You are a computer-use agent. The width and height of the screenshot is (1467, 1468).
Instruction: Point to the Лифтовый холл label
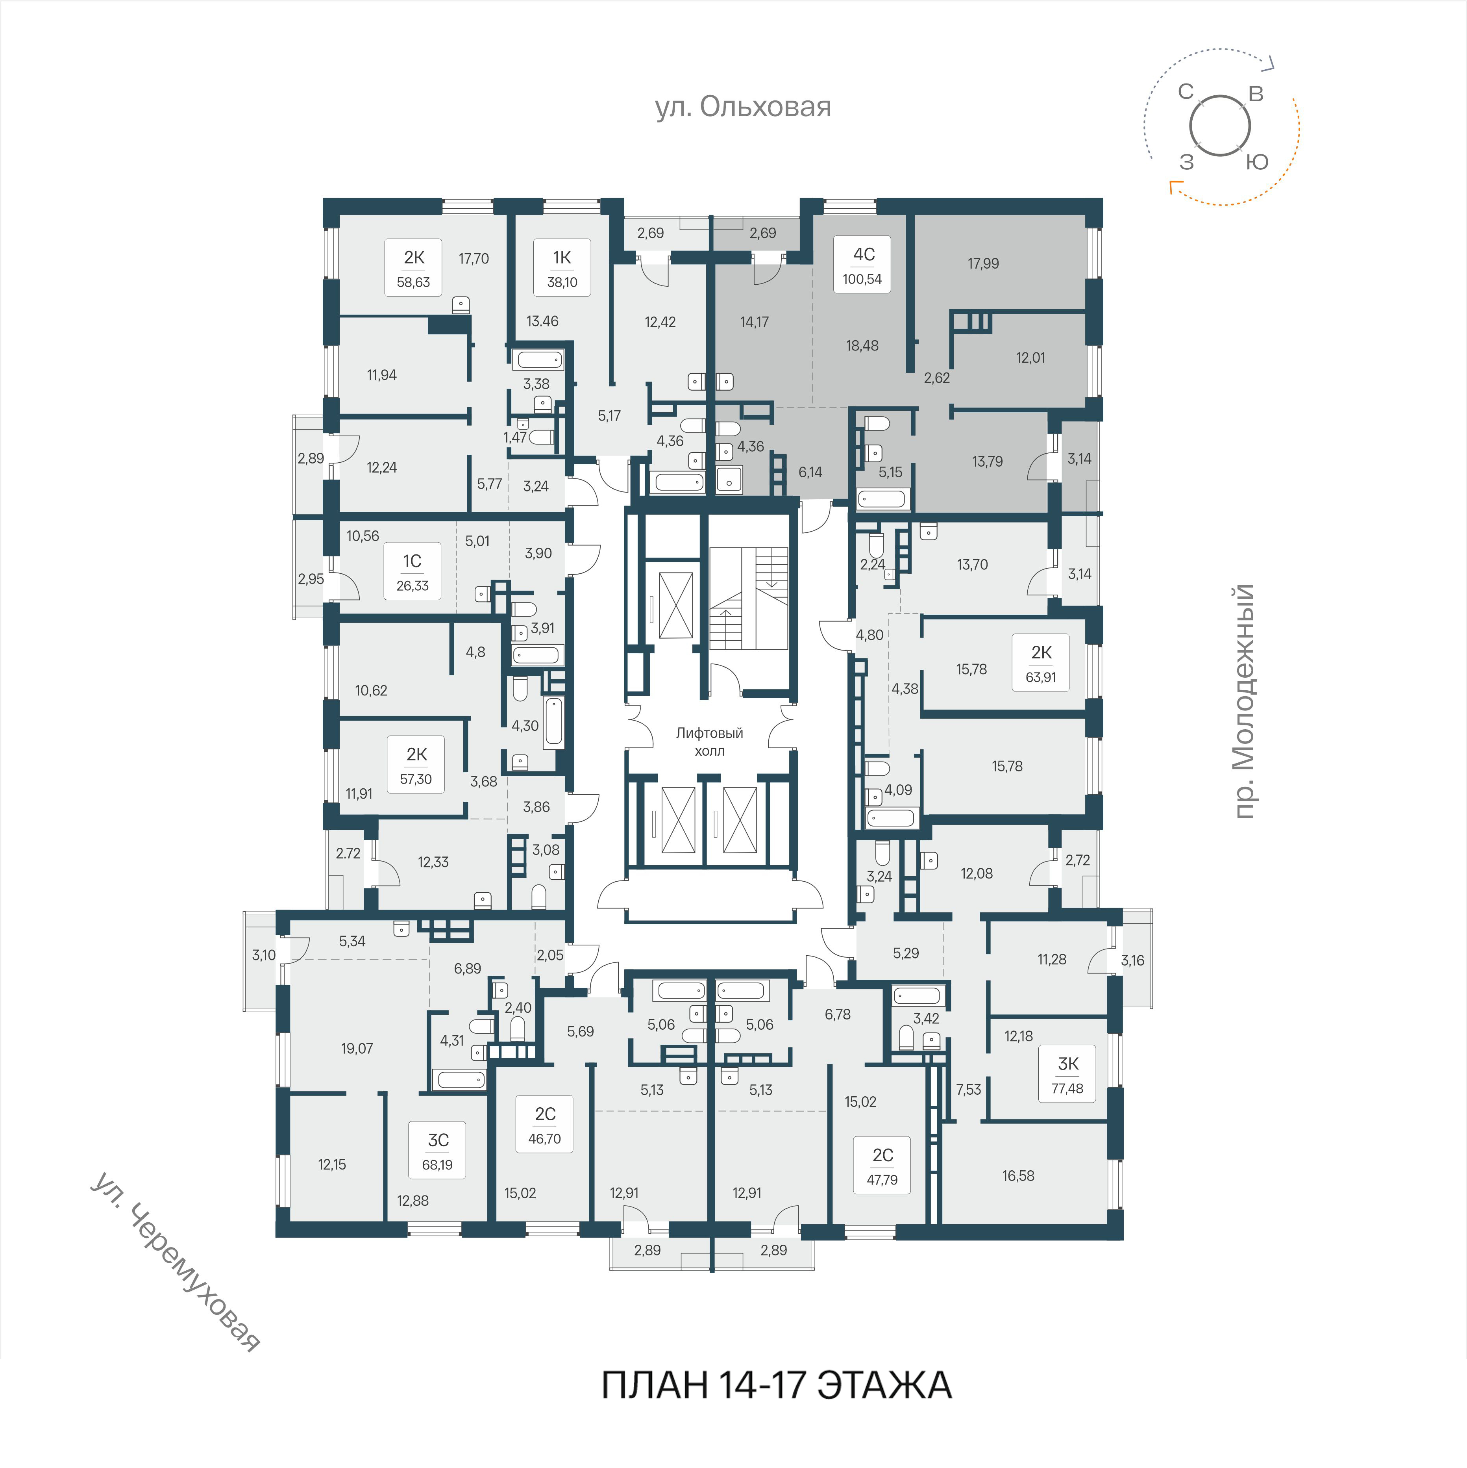coord(710,741)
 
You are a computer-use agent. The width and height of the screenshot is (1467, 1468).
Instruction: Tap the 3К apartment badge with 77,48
coord(1067,1074)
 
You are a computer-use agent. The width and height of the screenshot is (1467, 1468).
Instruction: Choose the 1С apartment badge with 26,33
coord(413,571)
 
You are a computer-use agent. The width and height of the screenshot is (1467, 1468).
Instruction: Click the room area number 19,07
coord(357,1049)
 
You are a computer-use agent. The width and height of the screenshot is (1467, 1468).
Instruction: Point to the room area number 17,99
coord(983,264)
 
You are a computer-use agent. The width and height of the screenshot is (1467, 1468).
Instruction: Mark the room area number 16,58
coord(1018,1176)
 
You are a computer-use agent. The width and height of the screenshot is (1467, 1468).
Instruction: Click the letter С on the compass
coord(1186,92)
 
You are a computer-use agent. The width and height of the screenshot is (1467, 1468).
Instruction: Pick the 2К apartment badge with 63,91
coord(1041,663)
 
